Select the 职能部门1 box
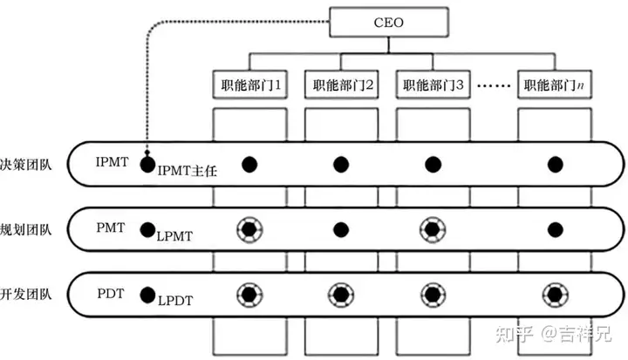point(249,85)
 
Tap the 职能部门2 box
point(341,85)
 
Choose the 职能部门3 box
point(432,85)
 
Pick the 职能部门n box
point(552,85)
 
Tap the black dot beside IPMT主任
point(148,163)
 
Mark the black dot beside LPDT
point(148,294)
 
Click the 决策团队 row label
point(26,163)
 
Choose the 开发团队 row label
point(26,294)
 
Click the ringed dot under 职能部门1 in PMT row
point(249,230)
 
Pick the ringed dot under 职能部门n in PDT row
point(553,294)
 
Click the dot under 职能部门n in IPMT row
point(553,163)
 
